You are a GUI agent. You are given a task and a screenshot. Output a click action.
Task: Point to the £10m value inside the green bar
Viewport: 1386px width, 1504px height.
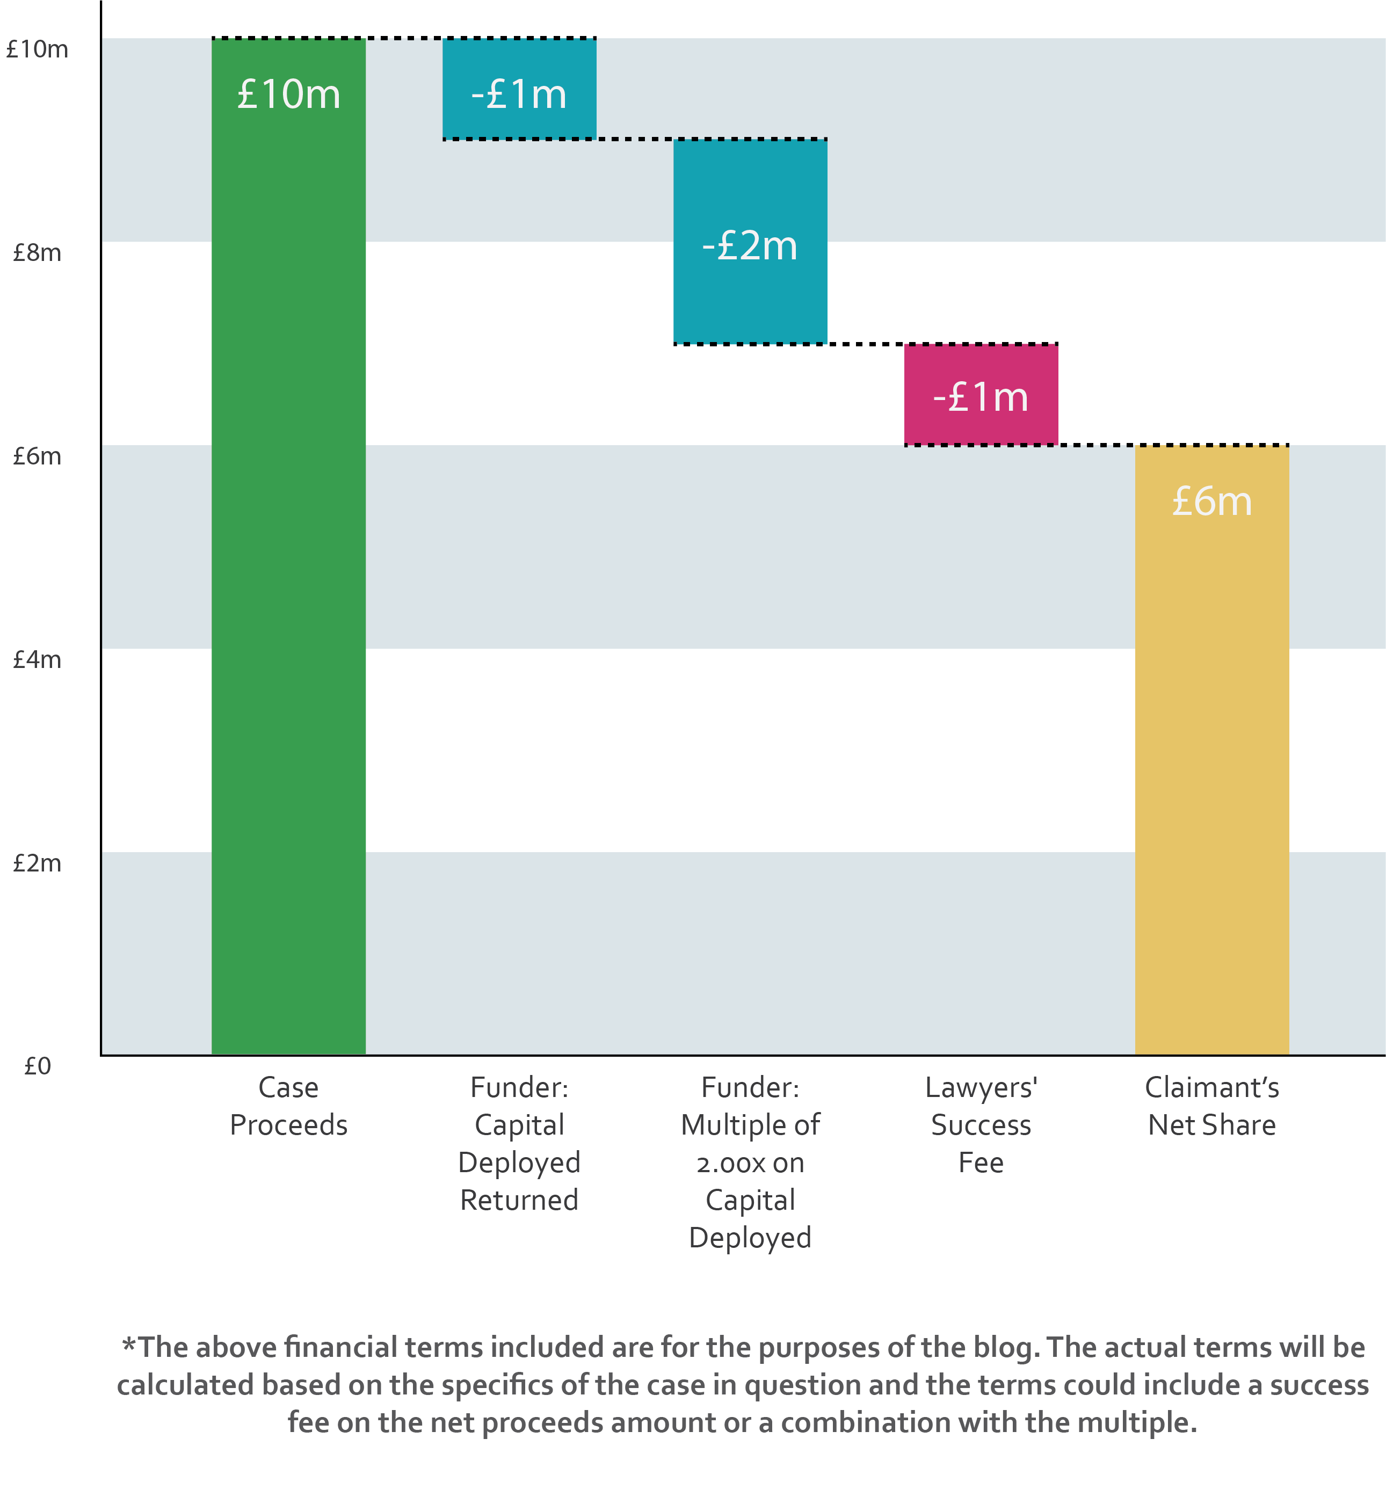pyautogui.click(x=289, y=95)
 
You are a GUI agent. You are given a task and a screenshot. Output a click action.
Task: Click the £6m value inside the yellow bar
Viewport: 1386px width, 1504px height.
pyautogui.click(x=1212, y=501)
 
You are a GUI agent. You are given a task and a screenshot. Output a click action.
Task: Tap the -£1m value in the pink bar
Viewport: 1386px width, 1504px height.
pyautogui.click(x=981, y=397)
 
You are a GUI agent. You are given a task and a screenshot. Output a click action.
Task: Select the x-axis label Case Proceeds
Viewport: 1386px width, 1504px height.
pyautogui.click(x=289, y=1106)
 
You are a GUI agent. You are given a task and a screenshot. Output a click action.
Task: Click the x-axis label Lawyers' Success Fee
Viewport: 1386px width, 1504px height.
pyautogui.click(x=981, y=1124)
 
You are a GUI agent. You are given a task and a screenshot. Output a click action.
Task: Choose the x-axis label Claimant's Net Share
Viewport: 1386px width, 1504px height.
pyautogui.click(x=1212, y=1106)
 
